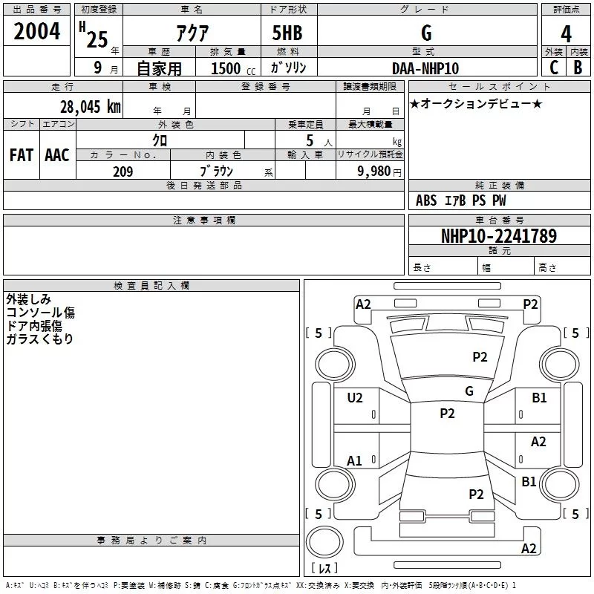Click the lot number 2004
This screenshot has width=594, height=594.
point(36,31)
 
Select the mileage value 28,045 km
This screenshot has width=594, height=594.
point(90,106)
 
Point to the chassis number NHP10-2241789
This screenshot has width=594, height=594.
point(499,236)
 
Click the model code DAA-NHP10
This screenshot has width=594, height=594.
point(425,68)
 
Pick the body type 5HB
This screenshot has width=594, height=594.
point(287,33)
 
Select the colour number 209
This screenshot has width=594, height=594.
point(123,172)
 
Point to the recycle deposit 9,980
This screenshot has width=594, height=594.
point(371,172)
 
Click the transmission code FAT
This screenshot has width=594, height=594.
point(21,154)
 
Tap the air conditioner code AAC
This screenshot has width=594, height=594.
point(56,154)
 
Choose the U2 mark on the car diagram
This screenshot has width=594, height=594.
point(355,398)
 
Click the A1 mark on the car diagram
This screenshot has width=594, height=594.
point(355,461)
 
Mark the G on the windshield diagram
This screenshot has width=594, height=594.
point(469,391)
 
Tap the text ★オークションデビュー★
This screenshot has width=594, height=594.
point(476,104)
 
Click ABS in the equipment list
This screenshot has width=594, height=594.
point(426,200)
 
